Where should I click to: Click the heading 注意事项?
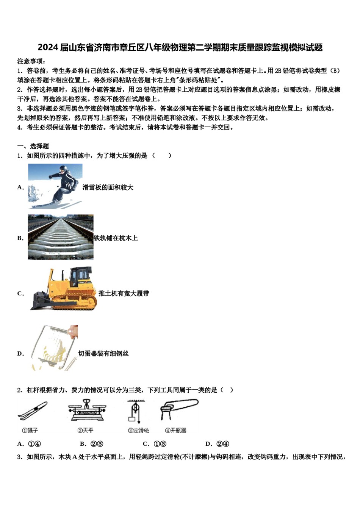[31, 61]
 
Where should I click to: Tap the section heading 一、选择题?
[33, 146]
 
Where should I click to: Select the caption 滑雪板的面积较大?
[108, 187]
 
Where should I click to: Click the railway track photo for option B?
[61, 237]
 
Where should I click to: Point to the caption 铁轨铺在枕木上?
[116, 238]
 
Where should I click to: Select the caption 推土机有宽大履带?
[124, 294]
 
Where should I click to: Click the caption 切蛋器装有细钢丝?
[103, 354]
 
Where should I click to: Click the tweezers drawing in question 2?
[33, 412]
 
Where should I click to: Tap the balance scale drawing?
[87, 411]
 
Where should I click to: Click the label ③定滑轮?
[138, 431]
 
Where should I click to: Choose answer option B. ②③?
[92, 444]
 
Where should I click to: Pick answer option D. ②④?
[217, 444]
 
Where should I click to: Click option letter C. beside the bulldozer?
[20, 294]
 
